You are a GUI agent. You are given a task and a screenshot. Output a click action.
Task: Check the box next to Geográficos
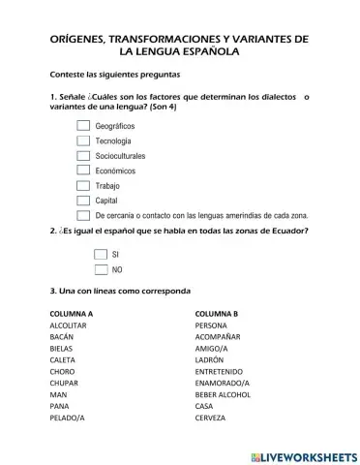[83, 126]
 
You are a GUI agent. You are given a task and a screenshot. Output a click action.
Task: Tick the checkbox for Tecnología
[83, 140]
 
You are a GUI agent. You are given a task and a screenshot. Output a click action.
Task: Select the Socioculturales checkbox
[83, 156]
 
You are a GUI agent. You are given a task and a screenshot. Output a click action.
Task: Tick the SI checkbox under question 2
[101, 253]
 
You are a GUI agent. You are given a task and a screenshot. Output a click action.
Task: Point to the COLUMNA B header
[217, 314]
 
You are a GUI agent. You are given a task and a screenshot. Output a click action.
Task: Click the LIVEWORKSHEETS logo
[303, 454]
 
